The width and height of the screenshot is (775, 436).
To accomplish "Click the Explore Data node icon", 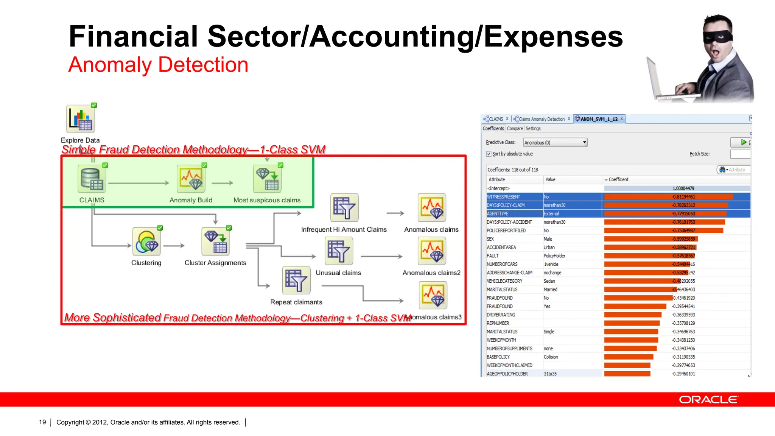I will [x=81, y=119].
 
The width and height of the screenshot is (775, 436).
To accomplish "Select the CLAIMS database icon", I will [x=92, y=179].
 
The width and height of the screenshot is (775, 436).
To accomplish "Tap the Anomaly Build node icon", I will [x=191, y=179].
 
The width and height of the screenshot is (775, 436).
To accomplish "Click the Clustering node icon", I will [x=146, y=242].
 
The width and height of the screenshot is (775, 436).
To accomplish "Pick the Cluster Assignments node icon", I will [x=215, y=242].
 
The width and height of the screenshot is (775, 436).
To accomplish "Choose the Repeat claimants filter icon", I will [x=296, y=280].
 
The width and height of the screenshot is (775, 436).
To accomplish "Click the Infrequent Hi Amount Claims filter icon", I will [x=344, y=208].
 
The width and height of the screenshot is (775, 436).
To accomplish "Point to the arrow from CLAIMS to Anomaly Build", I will [x=139, y=183].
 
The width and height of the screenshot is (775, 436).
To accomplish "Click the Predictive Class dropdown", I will [x=555, y=143].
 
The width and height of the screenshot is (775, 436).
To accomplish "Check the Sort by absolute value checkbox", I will [x=489, y=154].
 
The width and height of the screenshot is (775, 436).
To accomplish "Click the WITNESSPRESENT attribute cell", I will [x=504, y=197].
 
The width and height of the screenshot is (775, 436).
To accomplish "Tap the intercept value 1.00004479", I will [x=683, y=188].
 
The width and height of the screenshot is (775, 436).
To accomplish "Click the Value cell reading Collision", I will [x=551, y=357].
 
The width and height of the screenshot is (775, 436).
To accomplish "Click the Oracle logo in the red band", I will [x=708, y=400].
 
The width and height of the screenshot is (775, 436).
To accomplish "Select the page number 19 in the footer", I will [x=42, y=422].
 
